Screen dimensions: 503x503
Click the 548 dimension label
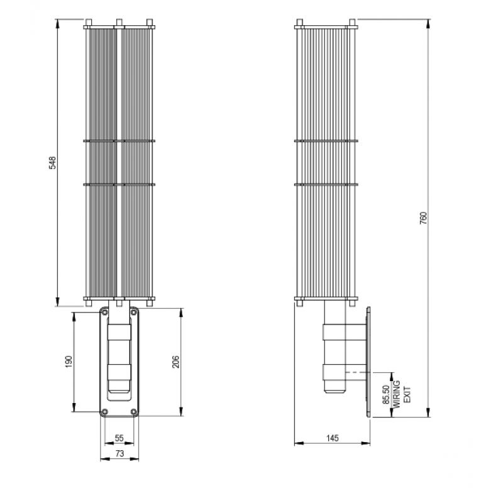click(52, 163)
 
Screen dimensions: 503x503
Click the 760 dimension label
click(423, 218)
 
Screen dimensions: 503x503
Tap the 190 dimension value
click(69, 362)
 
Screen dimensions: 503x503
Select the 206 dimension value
click(176, 362)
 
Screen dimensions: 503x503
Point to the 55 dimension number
click(119, 438)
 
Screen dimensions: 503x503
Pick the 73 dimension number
click(119, 453)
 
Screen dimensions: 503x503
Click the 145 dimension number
click(333, 438)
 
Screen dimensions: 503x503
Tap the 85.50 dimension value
click(386, 394)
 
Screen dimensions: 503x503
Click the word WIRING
click(397, 394)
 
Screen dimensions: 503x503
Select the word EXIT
click(407, 395)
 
